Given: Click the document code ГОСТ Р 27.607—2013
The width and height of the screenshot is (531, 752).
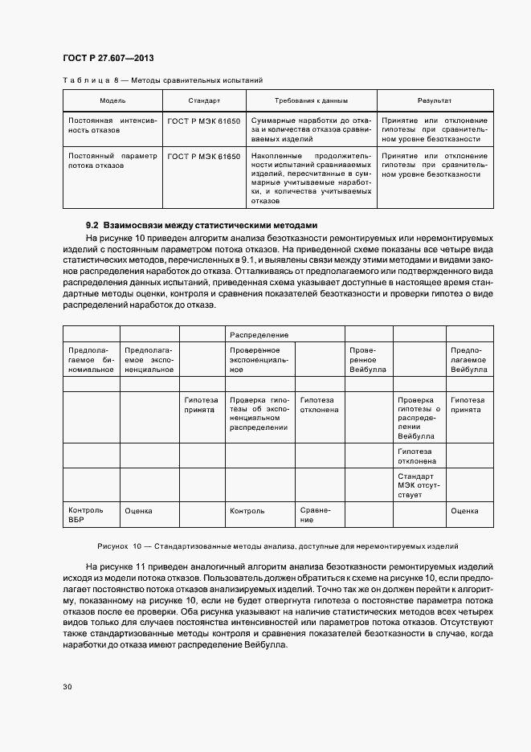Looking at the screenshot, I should (x=108, y=59).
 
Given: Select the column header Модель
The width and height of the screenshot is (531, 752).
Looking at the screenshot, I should (x=112, y=101).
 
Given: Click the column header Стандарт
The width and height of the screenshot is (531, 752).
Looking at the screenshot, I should (x=204, y=101).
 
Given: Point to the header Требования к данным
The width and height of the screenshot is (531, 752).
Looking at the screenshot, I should (x=310, y=101).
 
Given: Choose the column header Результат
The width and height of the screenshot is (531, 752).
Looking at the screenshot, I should (x=433, y=101).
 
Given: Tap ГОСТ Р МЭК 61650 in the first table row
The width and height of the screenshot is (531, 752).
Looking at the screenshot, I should (x=204, y=120).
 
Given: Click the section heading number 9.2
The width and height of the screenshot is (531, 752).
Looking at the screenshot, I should (x=92, y=226).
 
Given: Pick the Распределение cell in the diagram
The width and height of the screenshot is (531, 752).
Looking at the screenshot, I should (x=259, y=333).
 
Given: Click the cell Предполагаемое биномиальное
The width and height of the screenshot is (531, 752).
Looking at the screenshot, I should (x=91, y=360).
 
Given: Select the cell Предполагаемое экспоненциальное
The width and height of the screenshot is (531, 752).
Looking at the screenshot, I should (x=149, y=360).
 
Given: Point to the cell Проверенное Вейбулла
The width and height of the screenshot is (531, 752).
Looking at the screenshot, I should (x=368, y=360).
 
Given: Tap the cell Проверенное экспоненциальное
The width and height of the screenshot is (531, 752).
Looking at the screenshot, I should (x=259, y=360).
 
